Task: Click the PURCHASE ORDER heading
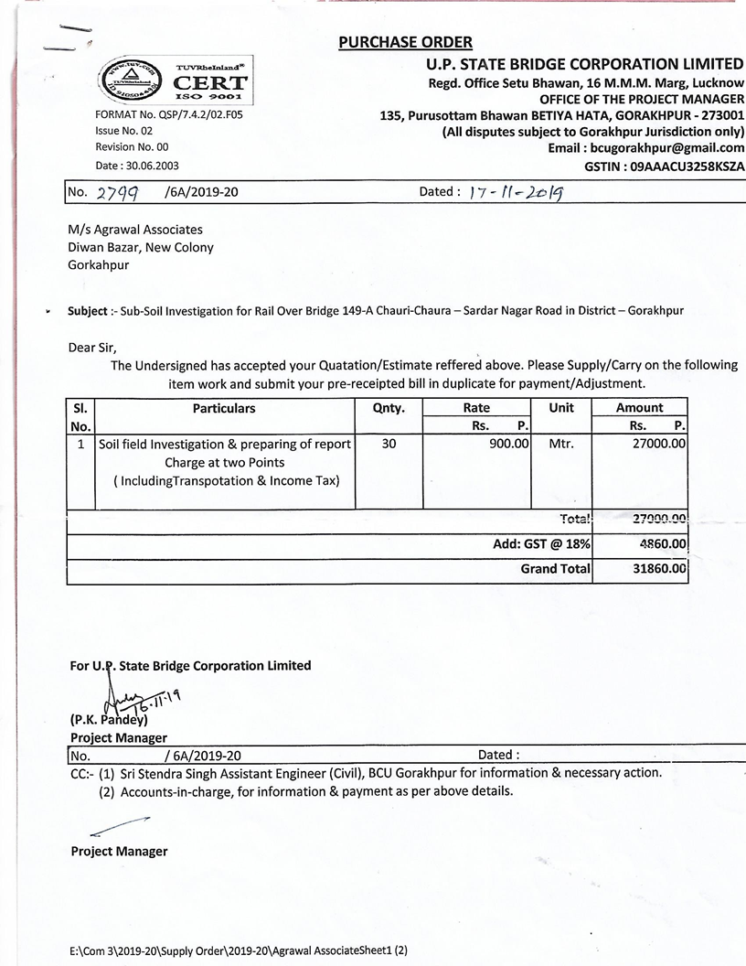pyautogui.click(x=405, y=42)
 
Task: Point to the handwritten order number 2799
pyautogui.click(x=115, y=193)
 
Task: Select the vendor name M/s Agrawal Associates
pyautogui.click(x=135, y=230)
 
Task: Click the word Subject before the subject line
pyautogui.click(x=87, y=310)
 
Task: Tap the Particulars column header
pyautogui.click(x=224, y=408)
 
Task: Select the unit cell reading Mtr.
pyautogui.click(x=560, y=444)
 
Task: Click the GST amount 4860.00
pyautogui.click(x=659, y=544)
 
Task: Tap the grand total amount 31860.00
pyautogui.click(x=655, y=568)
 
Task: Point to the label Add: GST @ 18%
pyautogui.click(x=541, y=544)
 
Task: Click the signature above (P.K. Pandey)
pyautogui.click(x=128, y=700)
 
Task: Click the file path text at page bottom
pyautogui.click(x=238, y=950)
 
